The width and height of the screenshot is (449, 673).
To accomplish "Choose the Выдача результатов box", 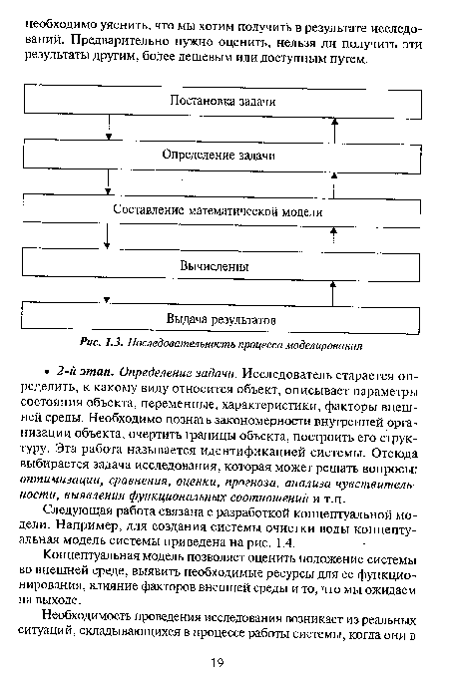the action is [x=222, y=320].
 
